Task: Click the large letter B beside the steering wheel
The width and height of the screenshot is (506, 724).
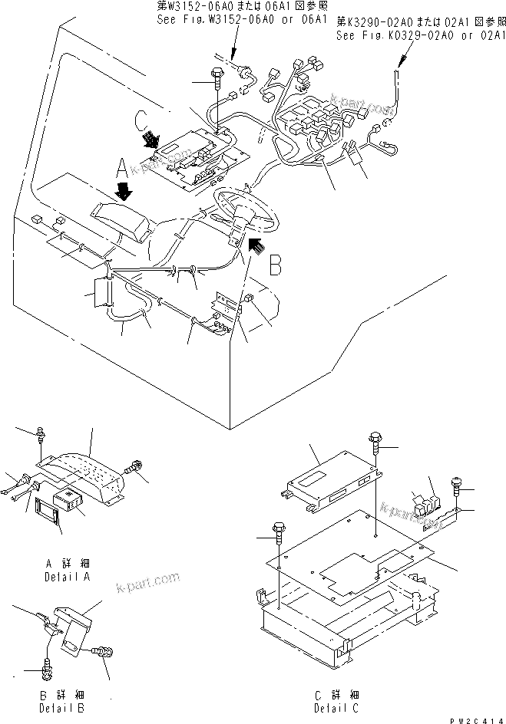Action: tap(279, 265)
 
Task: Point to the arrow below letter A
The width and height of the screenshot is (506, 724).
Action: tap(123, 188)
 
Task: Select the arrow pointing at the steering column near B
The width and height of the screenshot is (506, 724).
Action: tap(259, 245)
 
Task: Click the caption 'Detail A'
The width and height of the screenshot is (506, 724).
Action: tap(68, 575)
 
